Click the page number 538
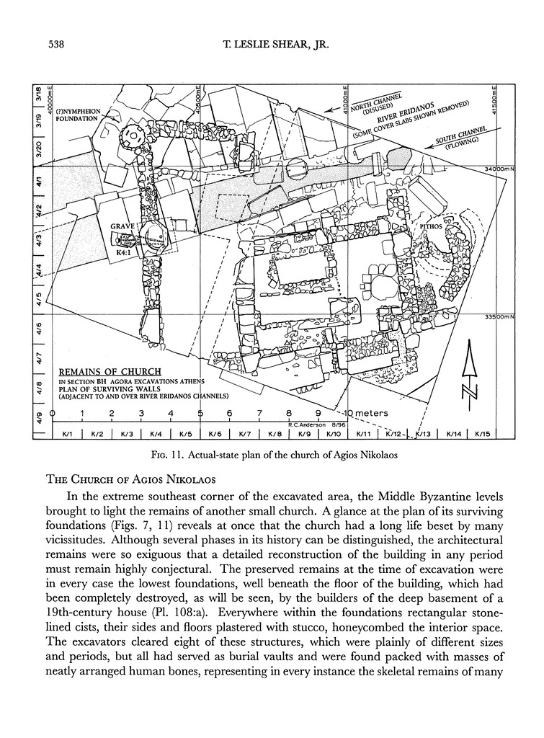[x=56, y=45]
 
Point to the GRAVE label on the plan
[x=123, y=226]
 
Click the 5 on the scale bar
[x=200, y=413]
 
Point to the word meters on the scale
[x=372, y=413]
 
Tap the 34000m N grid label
[x=499, y=169]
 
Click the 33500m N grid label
[x=499, y=316]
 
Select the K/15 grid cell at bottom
[x=482, y=434]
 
